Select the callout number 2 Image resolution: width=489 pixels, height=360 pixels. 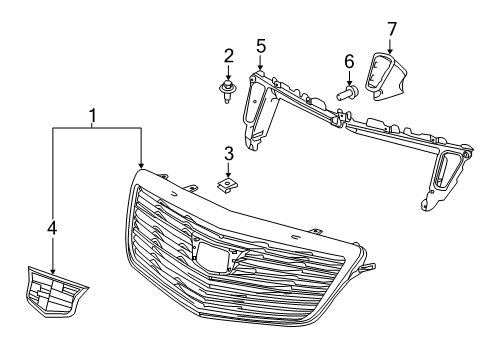click(x=229, y=55)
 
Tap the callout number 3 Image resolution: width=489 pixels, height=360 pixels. click(x=228, y=154)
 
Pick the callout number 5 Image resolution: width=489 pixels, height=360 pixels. click(x=260, y=45)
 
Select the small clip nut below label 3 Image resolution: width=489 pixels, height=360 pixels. click(x=228, y=186)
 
